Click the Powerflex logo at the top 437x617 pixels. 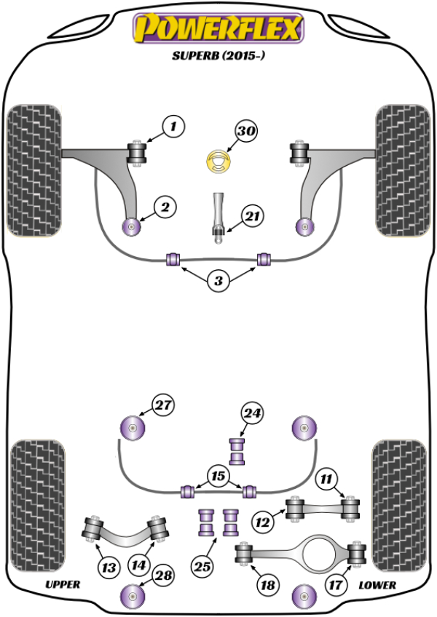216,30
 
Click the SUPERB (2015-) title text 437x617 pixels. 217,56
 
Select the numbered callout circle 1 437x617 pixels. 173,127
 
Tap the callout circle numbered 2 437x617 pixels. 165,207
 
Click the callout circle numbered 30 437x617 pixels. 247,132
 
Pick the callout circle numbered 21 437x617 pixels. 252,216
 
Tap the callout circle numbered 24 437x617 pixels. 252,414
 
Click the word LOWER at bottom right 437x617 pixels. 377,584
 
